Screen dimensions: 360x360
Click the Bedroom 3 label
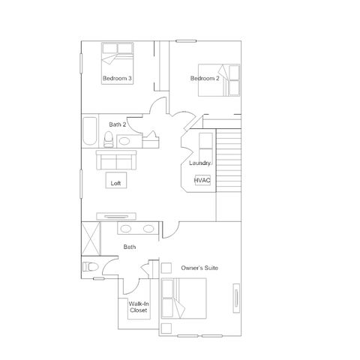click(x=117, y=78)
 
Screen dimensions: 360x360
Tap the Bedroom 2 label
click(x=205, y=78)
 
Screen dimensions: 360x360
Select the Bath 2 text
click(x=117, y=124)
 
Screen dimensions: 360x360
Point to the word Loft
click(x=115, y=183)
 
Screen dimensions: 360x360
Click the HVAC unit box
click(x=202, y=180)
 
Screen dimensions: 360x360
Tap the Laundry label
click(x=199, y=163)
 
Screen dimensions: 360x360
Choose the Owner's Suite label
click(x=199, y=268)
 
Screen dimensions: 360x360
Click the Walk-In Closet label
click(x=139, y=307)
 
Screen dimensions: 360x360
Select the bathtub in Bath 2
click(x=90, y=131)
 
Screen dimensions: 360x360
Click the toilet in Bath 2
click(x=109, y=139)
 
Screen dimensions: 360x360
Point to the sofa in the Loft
click(x=116, y=160)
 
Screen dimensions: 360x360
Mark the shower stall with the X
click(x=91, y=238)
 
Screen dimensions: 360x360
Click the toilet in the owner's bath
click(x=90, y=267)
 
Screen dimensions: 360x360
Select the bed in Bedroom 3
click(x=117, y=63)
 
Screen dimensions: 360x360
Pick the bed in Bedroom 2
click(x=219, y=80)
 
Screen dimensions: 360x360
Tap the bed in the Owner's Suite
click(x=184, y=298)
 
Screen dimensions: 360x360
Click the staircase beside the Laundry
click(x=229, y=160)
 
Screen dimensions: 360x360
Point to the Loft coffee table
click(x=116, y=180)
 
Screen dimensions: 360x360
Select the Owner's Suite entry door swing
click(x=171, y=230)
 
